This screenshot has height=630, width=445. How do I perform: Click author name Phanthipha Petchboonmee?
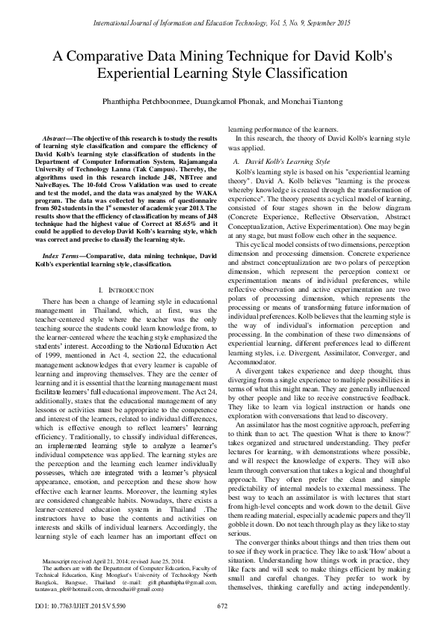[x=146, y=99]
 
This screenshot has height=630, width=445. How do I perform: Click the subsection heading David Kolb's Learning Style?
[x=287, y=161]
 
